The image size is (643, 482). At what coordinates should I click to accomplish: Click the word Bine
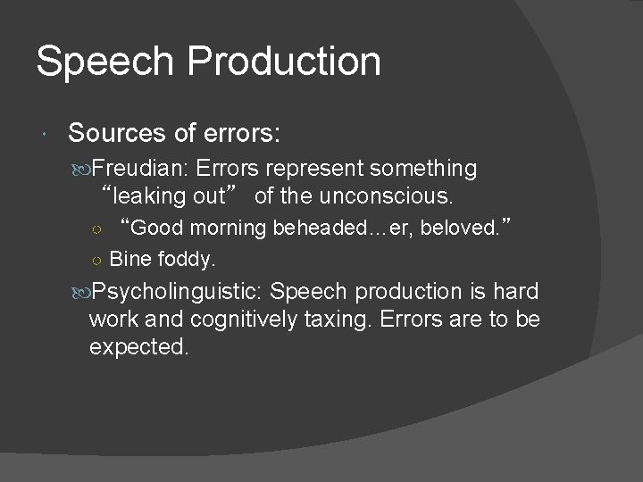coord(128,260)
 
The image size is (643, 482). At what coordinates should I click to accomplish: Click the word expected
coord(138,345)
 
